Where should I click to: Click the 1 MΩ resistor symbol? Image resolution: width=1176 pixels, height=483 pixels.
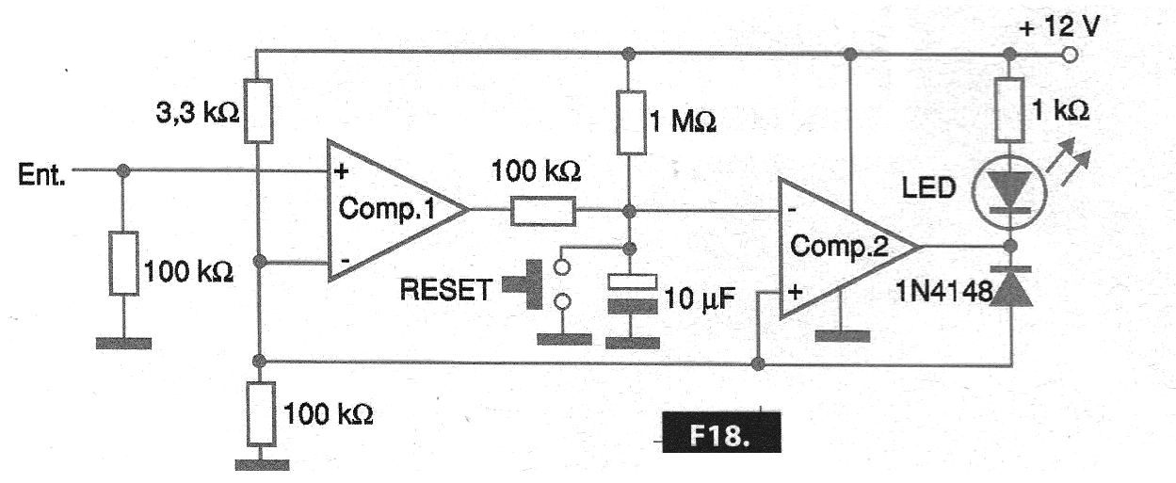pos(629,121)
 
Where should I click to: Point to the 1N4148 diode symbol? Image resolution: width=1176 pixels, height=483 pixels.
pos(1010,286)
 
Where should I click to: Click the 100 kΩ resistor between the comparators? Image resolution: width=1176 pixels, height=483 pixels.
pos(543,211)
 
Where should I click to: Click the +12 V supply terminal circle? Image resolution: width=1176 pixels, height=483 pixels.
pos(1068,56)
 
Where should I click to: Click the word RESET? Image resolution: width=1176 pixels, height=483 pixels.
pos(444,290)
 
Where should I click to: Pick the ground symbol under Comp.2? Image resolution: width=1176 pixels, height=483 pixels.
pos(843,335)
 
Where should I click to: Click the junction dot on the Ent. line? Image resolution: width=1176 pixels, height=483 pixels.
pos(123,171)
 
